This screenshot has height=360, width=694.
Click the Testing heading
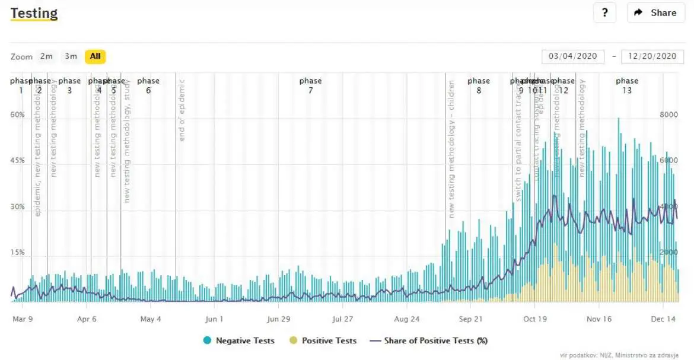(34, 13)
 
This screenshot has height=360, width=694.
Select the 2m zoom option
(46, 56)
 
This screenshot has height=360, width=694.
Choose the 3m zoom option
(71, 56)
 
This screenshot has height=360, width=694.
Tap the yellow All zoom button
(95, 56)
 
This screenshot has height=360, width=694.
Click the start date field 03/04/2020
(572, 56)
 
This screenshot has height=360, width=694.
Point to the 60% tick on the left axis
(17, 114)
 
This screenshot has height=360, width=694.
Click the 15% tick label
(17, 252)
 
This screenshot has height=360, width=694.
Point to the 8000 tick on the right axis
(668, 114)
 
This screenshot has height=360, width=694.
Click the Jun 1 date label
(214, 319)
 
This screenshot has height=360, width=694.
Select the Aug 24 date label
(406, 319)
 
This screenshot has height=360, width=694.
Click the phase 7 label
(310, 85)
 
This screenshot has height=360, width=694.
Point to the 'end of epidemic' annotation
(182, 110)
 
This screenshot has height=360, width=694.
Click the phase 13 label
(627, 85)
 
